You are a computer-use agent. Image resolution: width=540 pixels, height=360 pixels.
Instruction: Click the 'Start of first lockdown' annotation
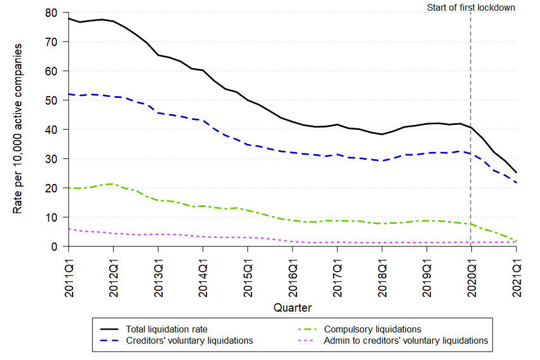pyautogui.click(x=471, y=8)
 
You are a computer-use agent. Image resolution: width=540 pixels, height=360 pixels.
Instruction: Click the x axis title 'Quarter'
pyautogui.click(x=292, y=308)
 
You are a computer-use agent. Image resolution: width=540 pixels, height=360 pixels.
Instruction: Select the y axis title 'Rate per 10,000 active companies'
pyautogui.click(x=18, y=129)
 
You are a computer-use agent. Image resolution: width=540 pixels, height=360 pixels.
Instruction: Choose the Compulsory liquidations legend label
pyautogui.click(x=372, y=329)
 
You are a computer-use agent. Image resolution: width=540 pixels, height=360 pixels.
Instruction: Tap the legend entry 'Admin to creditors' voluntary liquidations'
pyautogui.click(x=406, y=340)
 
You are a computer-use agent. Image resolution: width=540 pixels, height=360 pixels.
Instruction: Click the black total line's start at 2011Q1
pyautogui.click(x=68, y=18)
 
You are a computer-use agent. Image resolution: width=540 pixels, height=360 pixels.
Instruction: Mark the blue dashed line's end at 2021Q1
pyautogui.click(x=516, y=183)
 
